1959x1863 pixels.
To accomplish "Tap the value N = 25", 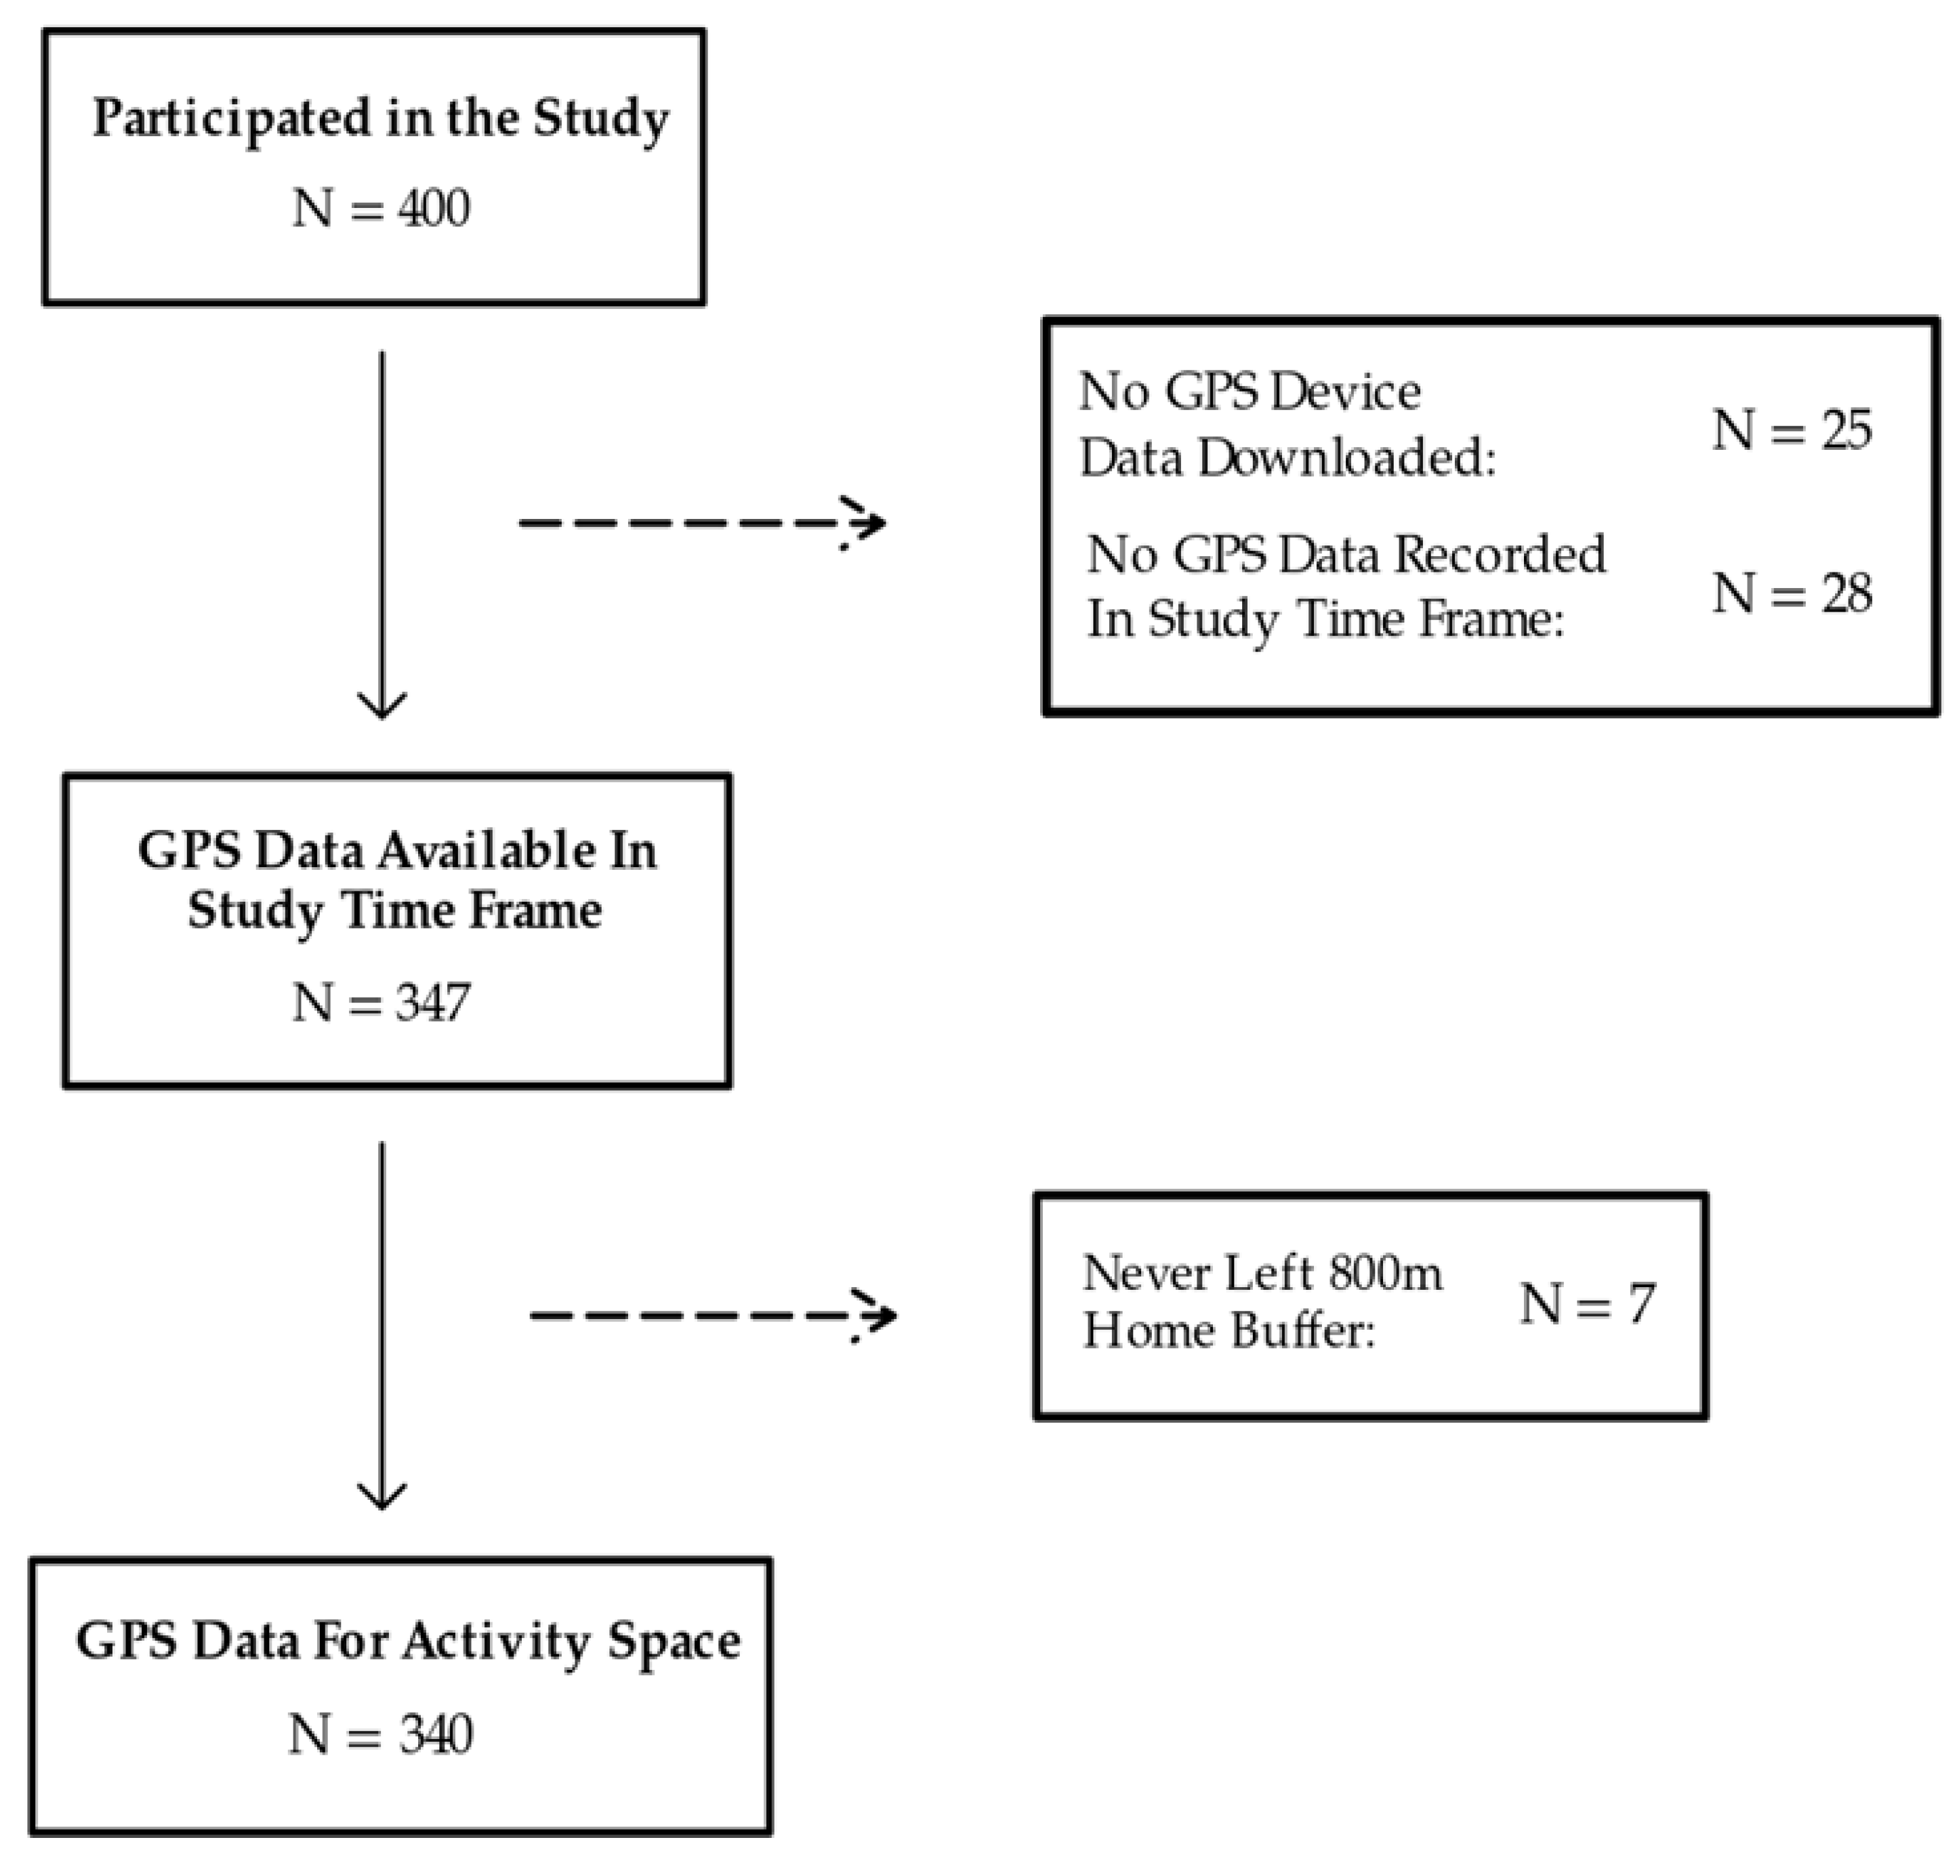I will (1791, 431).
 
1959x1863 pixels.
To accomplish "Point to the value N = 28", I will (1791, 594).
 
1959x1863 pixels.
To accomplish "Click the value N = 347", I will (380, 1003).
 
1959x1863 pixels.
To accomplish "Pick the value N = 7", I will (1586, 1304).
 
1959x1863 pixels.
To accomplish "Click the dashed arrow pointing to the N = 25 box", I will (701, 522).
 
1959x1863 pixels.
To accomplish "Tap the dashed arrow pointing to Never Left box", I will (712, 1316).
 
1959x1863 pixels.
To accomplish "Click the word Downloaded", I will (1346, 459).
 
